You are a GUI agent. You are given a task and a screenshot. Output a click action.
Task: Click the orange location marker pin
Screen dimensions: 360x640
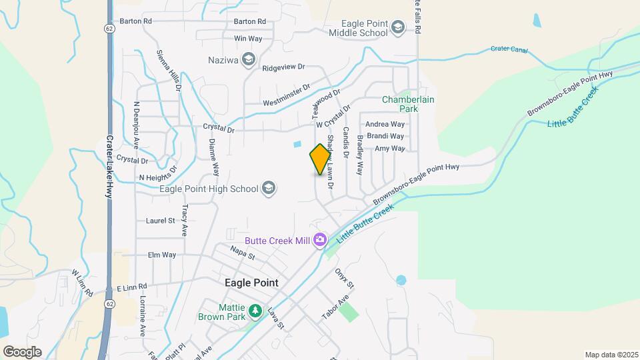[321, 159]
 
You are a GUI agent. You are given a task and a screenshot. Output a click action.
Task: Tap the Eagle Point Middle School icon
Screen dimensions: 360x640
[398, 27]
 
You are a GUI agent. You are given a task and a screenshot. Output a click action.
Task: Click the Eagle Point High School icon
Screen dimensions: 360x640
[269, 189]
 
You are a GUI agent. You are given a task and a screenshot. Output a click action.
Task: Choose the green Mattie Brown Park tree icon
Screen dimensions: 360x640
[254, 311]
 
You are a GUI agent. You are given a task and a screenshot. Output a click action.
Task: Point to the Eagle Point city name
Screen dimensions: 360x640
[251, 283]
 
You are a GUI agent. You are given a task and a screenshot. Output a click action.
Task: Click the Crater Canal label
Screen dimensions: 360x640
[509, 49]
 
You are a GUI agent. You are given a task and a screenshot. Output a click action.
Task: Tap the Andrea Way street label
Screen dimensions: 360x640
[385, 124]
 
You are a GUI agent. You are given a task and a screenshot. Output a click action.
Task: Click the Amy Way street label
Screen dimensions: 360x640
[389, 149]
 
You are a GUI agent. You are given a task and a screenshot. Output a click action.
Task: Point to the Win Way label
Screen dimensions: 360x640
[248, 39]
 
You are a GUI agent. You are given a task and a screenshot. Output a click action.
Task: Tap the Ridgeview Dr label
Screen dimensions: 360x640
[283, 67]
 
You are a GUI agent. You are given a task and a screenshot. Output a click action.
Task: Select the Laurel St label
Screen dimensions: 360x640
[160, 220]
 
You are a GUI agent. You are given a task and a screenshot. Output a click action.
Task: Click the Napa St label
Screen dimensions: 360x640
[243, 252]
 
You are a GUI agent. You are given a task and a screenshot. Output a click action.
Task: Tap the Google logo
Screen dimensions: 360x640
[22, 351]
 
